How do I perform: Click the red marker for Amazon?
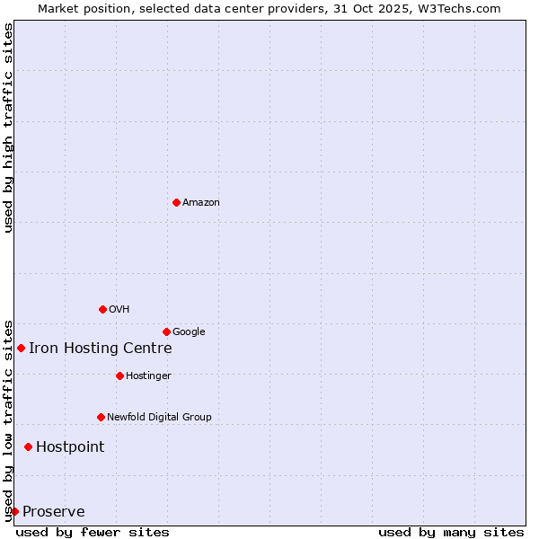[x=176, y=202]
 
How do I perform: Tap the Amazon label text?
[x=201, y=203]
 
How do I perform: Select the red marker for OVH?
[x=102, y=309]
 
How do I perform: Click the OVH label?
[x=119, y=310]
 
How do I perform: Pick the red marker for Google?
[x=166, y=331]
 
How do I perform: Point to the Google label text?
[x=189, y=332]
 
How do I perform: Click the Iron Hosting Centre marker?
[x=21, y=348]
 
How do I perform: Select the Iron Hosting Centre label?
[x=100, y=349]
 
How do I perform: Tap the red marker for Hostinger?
[x=119, y=376]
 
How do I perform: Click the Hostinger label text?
[x=148, y=376]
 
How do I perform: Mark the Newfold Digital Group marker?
[x=101, y=417]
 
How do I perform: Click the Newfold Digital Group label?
[x=159, y=418]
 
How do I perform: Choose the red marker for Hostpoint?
[x=28, y=446]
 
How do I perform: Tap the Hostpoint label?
[x=70, y=447]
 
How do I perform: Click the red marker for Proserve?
[x=14, y=511]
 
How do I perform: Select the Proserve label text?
[x=54, y=512]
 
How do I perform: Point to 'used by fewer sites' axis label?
[x=93, y=532]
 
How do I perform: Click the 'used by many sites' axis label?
[x=451, y=532]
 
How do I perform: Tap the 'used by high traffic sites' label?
[x=8, y=128]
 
